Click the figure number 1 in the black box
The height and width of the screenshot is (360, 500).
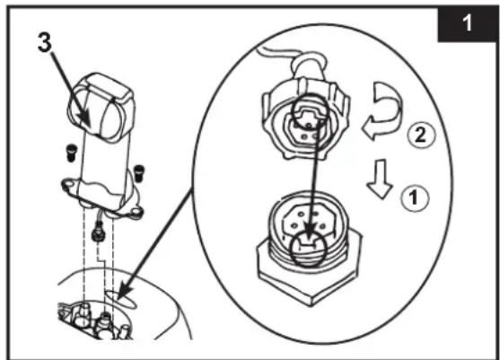467,23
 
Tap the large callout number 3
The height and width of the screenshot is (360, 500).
44,43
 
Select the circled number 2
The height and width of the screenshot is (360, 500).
421,136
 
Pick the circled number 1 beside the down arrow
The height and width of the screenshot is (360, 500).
414,198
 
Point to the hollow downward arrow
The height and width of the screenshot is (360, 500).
380,179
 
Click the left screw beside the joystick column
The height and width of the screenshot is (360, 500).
72,153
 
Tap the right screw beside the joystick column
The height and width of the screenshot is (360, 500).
139,173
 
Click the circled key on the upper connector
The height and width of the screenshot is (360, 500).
310,111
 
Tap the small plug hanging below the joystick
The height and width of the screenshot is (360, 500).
97,235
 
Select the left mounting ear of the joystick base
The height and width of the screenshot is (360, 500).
68,185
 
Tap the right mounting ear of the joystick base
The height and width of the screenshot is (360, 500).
136,213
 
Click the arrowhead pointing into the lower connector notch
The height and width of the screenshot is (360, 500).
309,230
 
